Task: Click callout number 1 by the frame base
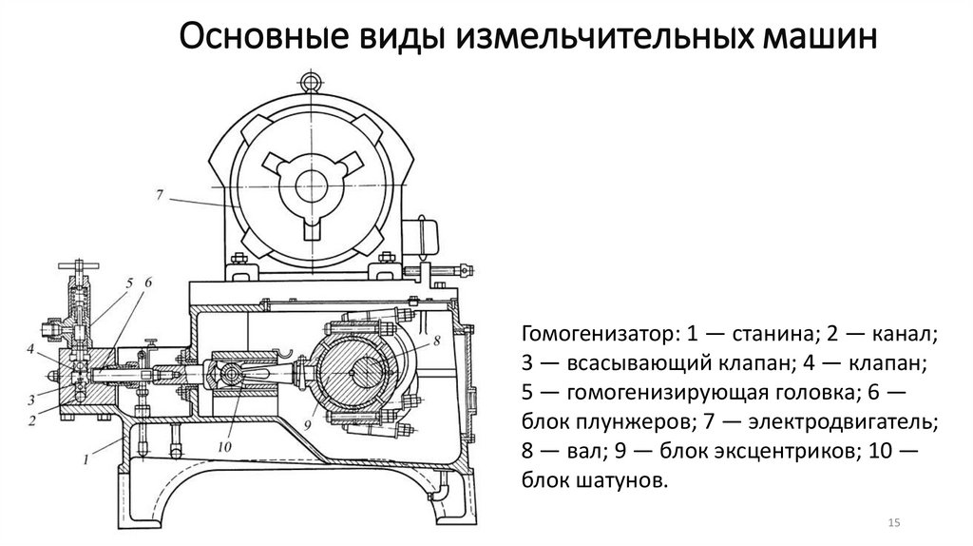[x=86, y=459]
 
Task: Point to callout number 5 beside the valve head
[x=128, y=283]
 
